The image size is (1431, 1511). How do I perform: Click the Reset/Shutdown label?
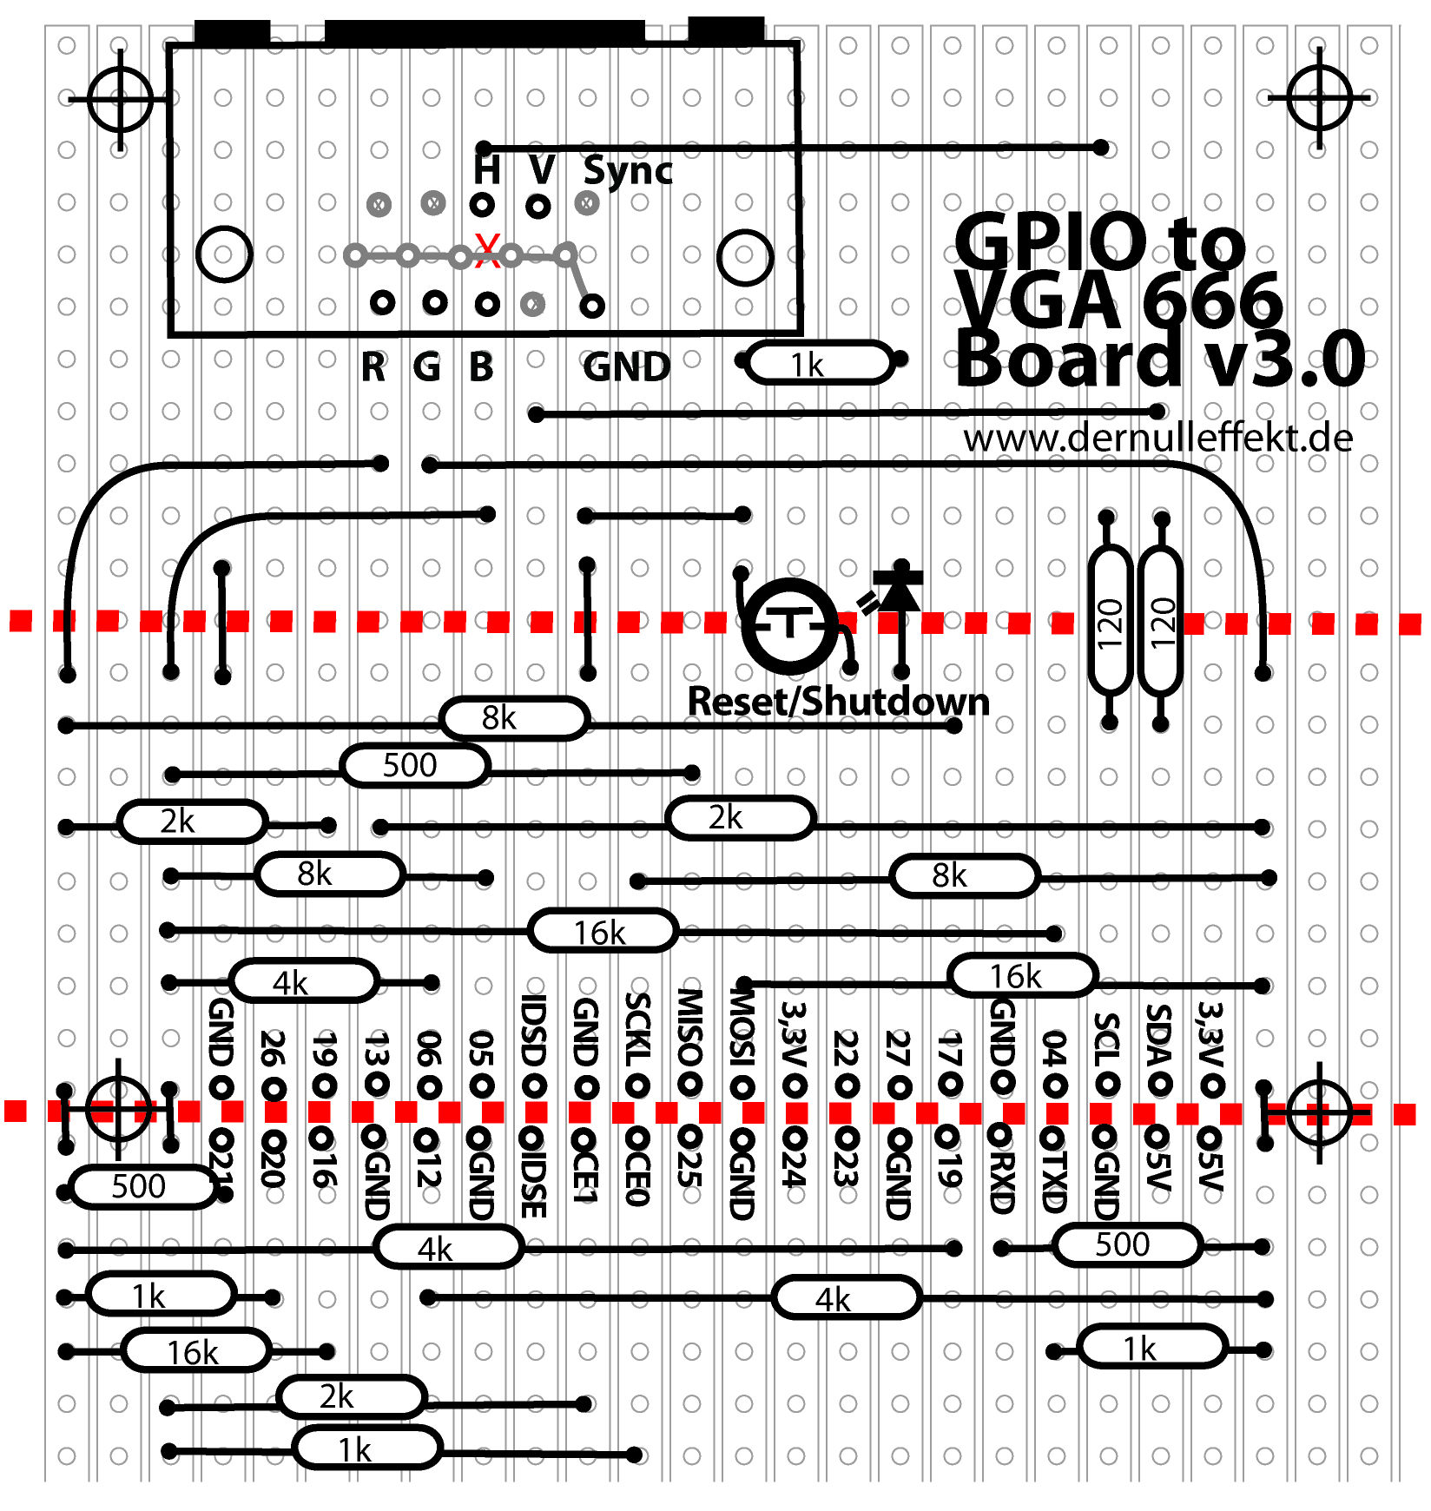(838, 702)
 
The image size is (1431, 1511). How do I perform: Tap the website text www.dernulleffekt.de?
(1157, 438)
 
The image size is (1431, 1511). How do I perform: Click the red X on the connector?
(488, 251)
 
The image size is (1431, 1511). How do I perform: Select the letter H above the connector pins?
(487, 168)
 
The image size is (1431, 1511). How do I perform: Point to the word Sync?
(628, 170)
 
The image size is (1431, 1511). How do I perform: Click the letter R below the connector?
(373, 367)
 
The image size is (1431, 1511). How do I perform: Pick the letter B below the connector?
(481, 367)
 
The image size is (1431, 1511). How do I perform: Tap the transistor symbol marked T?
(790, 624)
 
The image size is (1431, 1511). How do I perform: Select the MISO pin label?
(689, 1029)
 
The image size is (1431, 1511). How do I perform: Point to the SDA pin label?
(1159, 1038)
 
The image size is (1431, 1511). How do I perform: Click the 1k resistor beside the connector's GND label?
(820, 364)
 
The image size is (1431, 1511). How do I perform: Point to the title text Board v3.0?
(1160, 360)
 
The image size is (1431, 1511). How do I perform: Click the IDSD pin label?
(533, 1031)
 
